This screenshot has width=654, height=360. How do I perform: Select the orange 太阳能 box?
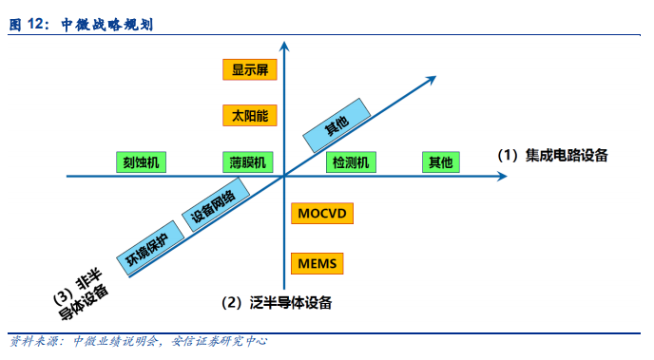point(249,115)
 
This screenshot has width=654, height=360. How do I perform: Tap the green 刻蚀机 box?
point(141,162)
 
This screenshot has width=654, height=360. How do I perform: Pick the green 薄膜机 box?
point(249,162)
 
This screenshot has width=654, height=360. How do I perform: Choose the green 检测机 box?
point(353,162)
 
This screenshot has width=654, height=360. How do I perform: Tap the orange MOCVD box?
point(322,213)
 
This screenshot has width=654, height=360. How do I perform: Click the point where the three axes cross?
point(285,177)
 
